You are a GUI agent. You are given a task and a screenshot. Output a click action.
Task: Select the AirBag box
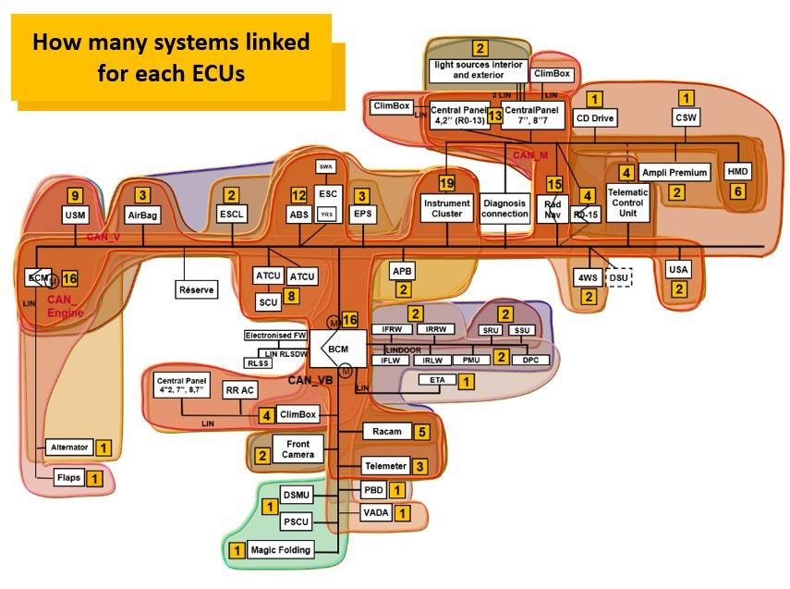tap(143, 214)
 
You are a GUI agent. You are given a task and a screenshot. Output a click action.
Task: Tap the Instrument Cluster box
tap(447, 207)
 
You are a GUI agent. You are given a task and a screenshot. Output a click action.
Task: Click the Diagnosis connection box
tap(504, 207)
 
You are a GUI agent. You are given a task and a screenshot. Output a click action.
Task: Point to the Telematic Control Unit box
tap(627, 201)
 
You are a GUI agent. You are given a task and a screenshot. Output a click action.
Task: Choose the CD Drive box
tap(594, 118)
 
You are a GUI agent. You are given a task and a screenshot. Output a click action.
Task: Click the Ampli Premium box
tap(674, 172)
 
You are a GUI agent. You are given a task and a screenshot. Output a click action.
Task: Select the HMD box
tap(736, 172)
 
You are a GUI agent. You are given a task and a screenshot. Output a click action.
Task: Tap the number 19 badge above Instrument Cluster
tap(447, 182)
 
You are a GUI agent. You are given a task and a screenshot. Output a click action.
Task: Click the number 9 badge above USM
tap(76, 194)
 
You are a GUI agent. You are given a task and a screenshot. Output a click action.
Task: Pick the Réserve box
tap(196, 289)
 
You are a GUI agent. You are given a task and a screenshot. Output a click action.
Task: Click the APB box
tap(402, 271)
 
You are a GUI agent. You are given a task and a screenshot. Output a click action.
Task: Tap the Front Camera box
tap(298, 448)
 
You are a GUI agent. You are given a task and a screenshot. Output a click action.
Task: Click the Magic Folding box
tap(281, 550)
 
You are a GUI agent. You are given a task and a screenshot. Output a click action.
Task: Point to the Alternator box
tap(69, 448)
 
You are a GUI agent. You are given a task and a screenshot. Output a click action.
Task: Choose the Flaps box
tap(69, 478)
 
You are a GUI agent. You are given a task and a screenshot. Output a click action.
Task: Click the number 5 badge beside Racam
tap(421, 431)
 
